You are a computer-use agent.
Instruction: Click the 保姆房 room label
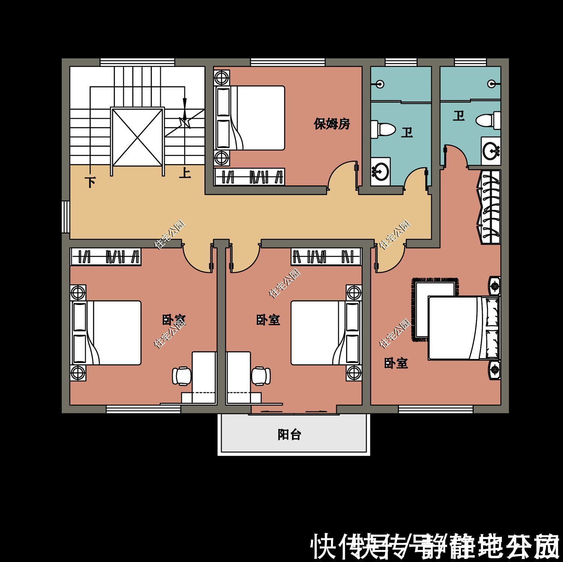click(x=332, y=124)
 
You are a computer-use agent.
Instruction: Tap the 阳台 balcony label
click(x=289, y=435)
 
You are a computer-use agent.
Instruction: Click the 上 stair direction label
click(x=185, y=173)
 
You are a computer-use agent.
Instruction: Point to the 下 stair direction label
click(x=90, y=183)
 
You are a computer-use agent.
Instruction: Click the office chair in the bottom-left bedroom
click(x=181, y=375)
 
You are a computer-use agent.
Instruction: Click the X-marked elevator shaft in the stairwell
click(x=137, y=137)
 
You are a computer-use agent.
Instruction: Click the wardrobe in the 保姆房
click(x=248, y=177)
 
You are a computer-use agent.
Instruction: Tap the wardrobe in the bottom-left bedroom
click(x=106, y=257)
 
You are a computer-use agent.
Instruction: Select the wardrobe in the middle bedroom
click(x=326, y=257)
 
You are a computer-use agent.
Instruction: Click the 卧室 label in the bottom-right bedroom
click(x=396, y=363)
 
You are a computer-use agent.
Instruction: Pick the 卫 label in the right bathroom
click(x=458, y=116)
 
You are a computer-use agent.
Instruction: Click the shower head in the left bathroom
click(x=381, y=84)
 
